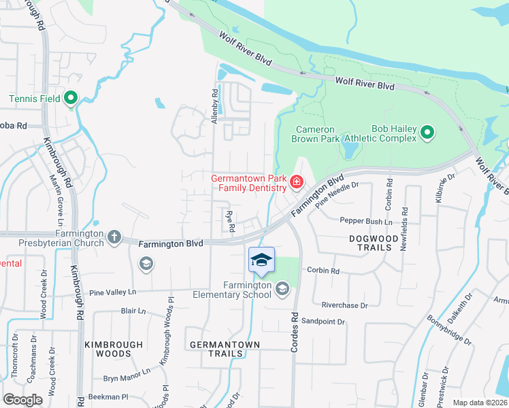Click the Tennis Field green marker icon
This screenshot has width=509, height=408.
(x=71, y=99)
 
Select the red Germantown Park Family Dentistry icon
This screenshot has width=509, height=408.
(x=297, y=182)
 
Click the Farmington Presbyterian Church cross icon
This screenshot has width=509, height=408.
(x=114, y=237)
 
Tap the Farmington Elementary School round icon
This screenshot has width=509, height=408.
(x=282, y=290)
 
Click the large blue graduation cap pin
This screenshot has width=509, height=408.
(x=261, y=260)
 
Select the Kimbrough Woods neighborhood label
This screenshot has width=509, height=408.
(x=108, y=350)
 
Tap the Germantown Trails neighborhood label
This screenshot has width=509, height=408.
(x=225, y=350)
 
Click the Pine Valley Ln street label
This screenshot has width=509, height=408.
(x=112, y=291)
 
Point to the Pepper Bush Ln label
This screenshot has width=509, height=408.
(x=366, y=222)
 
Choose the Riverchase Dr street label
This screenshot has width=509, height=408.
(x=344, y=306)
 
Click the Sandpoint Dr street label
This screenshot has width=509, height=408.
(x=323, y=322)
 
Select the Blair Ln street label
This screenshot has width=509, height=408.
(x=133, y=311)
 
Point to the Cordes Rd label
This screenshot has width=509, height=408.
(x=295, y=330)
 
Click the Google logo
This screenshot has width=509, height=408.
(x=23, y=400)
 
